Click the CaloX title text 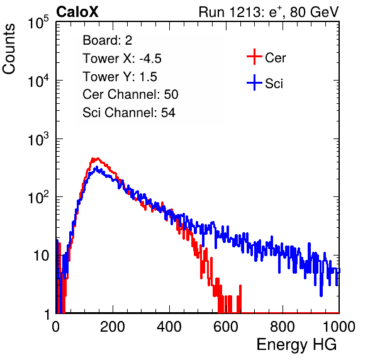coord(77,12)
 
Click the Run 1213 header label coord(269,12)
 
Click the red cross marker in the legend coord(254,57)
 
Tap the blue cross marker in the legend coord(254,82)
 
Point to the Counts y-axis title coord(9,49)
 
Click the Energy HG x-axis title coord(296,345)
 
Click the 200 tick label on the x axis coord(113,327)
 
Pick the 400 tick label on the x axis coord(169,327)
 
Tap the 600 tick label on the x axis coord(226,327)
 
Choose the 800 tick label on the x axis coord(283,327)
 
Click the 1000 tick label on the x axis coord(339,327)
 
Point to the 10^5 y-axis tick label coord(38,22)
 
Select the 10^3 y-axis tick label coord(38,139)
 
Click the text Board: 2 coord(107,40)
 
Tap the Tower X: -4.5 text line coord(122,59)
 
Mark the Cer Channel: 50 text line coord(130,94)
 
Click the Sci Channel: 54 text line coord(129,113)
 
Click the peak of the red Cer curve coord(95,159)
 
